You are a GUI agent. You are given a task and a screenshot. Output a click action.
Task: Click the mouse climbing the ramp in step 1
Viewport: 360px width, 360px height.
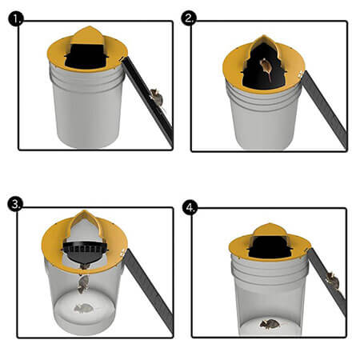[157, 98]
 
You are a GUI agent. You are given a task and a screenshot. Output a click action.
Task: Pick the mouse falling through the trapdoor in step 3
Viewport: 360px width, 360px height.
[82, 282]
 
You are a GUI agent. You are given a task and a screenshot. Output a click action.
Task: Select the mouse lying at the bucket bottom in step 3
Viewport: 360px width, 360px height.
[82, 308]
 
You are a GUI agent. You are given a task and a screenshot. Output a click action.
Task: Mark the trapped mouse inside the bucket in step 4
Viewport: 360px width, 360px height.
[270, 323]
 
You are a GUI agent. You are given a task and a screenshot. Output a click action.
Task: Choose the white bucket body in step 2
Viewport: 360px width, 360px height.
[264, 116]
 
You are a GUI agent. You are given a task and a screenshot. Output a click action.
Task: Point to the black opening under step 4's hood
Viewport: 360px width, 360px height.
[269, 243]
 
